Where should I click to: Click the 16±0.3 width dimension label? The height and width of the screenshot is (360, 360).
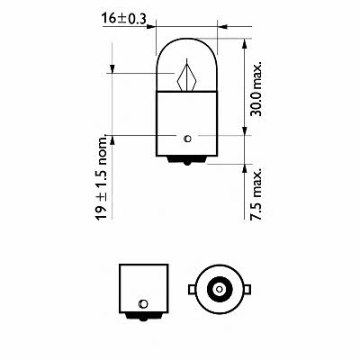pos(128,16)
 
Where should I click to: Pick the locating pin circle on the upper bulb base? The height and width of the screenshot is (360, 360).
pos(186,138)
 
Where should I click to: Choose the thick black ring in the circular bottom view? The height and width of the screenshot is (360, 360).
pos(218,290)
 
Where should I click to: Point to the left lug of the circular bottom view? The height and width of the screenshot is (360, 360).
pos(191,290)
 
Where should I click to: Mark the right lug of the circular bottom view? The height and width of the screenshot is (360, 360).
pos(245,290)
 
